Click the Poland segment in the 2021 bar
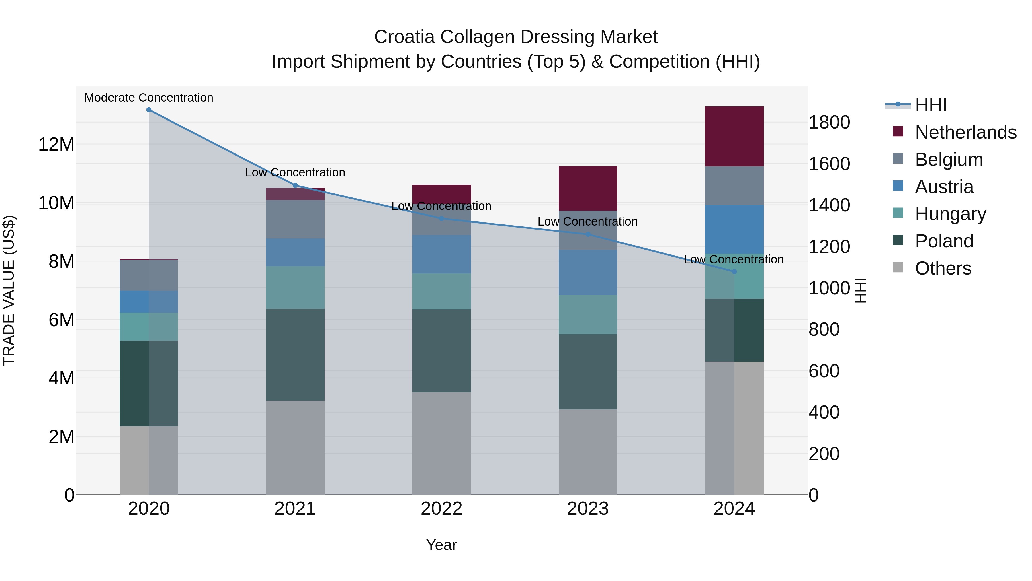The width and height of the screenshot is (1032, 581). [x=295, y=354]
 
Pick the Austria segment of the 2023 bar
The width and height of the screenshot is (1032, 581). [x=588, y=273]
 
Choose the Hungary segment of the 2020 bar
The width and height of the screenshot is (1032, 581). [x=148, y=327]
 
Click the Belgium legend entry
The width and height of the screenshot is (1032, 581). [x=949, y=160]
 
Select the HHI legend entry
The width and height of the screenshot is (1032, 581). [x=931, y=105]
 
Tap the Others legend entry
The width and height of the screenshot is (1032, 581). [x=943, y=268]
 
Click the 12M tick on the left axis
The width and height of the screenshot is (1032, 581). [x=56, y=144]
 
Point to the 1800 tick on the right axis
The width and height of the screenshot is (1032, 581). [x=829, y=122]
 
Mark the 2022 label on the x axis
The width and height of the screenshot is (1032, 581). [x=441, y=509]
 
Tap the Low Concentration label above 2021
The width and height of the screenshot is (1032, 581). [x=295, y=172]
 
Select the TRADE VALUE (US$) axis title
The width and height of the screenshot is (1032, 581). [x=9, y=290]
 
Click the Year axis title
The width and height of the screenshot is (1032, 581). [x=441, y=545]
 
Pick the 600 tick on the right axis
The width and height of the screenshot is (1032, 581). [x=824, y=371]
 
